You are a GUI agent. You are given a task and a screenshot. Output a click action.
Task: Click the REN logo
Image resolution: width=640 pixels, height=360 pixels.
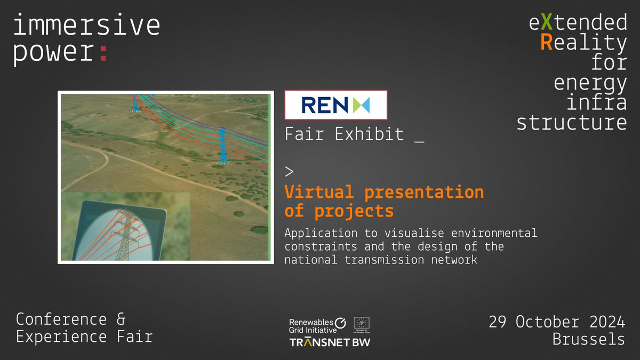pos(335,105)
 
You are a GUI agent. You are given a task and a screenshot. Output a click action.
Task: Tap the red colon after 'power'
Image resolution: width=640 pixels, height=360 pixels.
pos(103,53)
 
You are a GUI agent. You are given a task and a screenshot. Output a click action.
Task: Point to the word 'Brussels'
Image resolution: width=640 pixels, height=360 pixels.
pos(588,339)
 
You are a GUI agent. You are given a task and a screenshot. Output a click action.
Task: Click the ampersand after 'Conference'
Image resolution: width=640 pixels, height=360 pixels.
pos(120,319)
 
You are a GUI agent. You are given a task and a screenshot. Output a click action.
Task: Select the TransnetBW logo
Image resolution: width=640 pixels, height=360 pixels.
pos(329,341)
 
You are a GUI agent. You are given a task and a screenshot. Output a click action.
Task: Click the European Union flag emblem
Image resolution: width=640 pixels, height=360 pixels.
pos(362,322)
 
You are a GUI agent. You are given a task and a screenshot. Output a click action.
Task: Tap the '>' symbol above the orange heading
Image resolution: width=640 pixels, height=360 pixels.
pos(289,172)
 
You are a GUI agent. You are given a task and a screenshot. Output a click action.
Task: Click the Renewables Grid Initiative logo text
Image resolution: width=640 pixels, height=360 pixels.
pos(311,326)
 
